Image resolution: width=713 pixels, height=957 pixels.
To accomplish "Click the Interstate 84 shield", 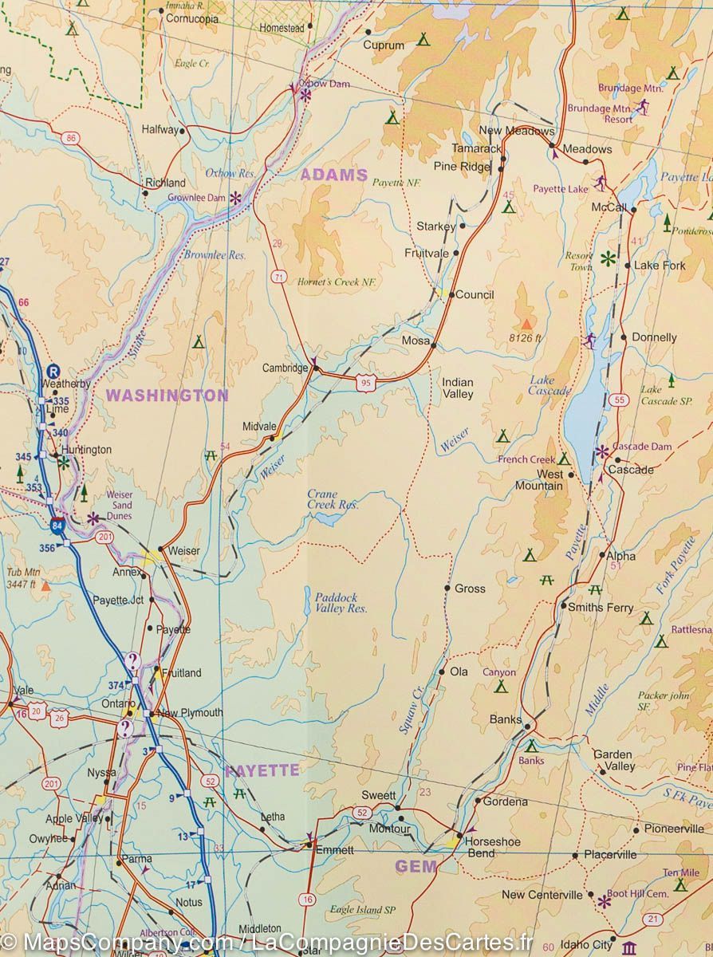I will tap(57, 526).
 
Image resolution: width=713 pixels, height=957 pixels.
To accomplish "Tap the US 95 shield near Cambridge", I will tap(366, 384).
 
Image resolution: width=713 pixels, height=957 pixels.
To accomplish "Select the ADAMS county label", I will tap(333, 175).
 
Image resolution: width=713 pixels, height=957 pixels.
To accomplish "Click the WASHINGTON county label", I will tap(167, 395).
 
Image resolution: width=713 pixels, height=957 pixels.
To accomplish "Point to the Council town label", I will tap(475, 294).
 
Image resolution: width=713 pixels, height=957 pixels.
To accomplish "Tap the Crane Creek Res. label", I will tap(333, 499).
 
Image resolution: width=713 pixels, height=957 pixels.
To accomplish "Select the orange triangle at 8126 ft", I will tap(526, 324).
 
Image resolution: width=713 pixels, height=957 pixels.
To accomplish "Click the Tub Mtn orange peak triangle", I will tap(45, 586).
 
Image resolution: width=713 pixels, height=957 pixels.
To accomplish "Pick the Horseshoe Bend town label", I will tap(492, 847).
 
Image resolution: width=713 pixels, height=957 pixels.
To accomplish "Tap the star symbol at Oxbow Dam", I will tap(305, 94).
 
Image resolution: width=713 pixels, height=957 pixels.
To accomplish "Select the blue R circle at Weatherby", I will tap(53, 371).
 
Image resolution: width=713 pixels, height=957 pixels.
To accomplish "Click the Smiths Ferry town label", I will tap(601, 608).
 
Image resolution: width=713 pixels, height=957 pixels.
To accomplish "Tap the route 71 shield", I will tap(278, 277).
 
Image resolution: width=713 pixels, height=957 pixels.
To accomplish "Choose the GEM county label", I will tap(416, 866).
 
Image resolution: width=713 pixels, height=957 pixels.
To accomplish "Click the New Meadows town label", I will tap(516, 131).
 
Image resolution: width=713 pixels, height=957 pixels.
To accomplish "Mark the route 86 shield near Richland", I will tap(73, 139).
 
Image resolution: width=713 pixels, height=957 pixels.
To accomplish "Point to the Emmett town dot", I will tap(311, 845).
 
